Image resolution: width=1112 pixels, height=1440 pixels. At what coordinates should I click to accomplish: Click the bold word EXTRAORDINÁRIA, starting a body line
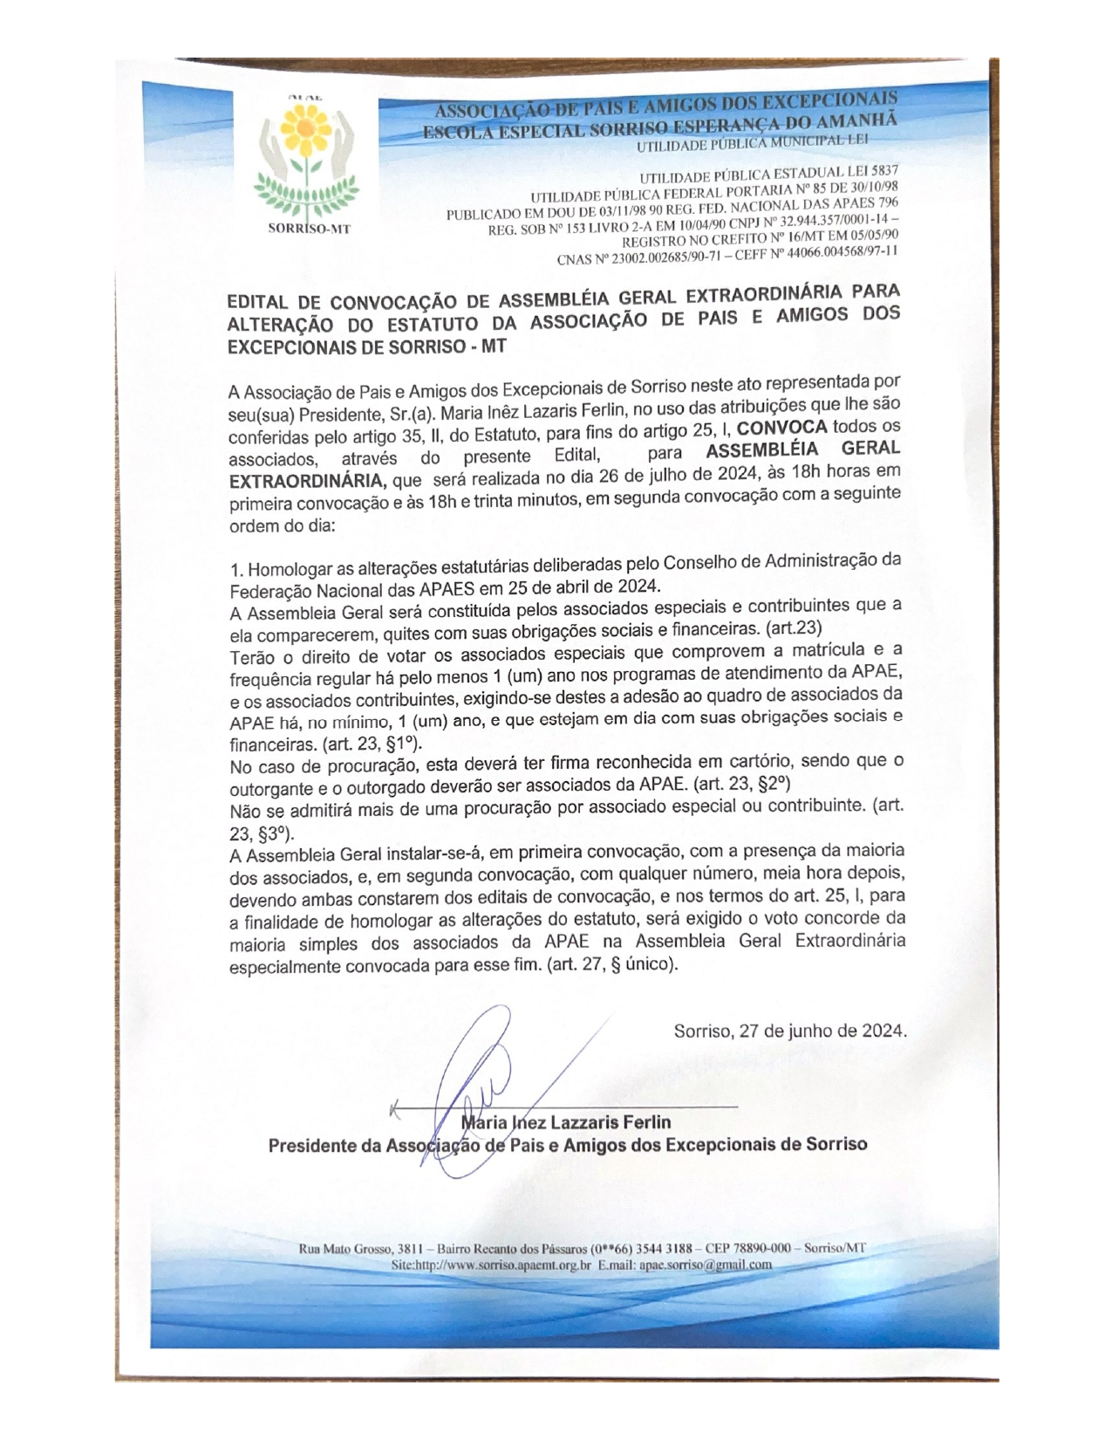[306, 480]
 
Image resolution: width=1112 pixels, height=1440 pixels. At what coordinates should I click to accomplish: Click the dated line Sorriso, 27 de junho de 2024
[790, 1030]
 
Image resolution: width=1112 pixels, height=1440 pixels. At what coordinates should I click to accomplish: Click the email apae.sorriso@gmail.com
[705, 1264]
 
